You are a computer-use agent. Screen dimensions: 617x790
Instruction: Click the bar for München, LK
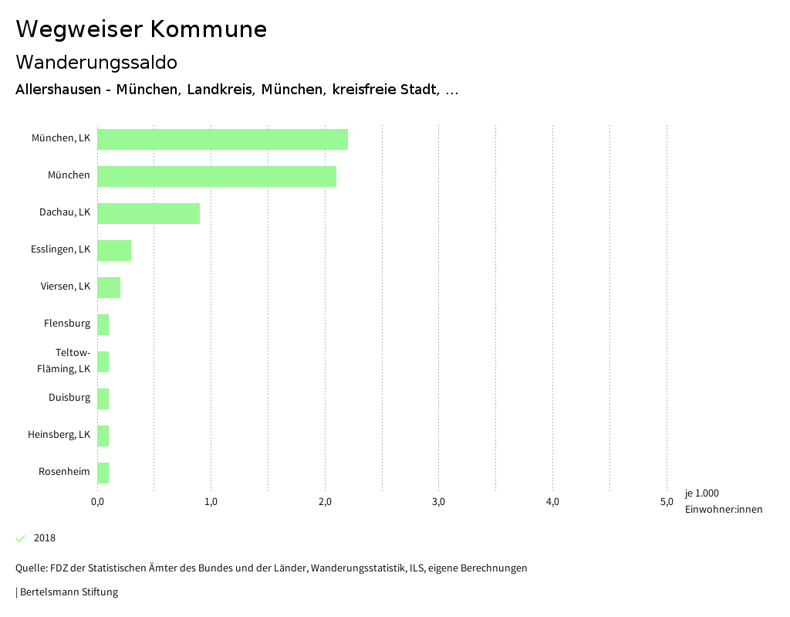point(222,139)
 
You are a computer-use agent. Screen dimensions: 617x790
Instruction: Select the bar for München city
point(217,176)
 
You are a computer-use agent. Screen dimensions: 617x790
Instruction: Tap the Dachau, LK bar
point(148,213)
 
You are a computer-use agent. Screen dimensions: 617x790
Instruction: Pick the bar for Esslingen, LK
point(114,250)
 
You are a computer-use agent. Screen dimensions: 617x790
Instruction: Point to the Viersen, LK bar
point(109,287)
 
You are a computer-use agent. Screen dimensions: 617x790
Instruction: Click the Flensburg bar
point(103,324)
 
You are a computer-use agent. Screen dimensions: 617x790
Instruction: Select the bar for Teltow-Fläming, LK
point(103,361)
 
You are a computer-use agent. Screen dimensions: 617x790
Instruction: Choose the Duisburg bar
point(103,398)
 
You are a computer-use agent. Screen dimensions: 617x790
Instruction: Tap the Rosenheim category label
point(64,472)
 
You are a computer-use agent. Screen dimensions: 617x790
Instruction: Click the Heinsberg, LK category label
point(59,435)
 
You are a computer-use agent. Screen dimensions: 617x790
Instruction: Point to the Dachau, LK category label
point(65,212)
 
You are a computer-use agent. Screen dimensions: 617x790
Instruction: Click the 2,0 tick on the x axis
point(325,503)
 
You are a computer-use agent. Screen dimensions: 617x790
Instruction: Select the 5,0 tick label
point(667,503)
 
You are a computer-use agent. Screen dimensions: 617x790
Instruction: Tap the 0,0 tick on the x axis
point(97,503)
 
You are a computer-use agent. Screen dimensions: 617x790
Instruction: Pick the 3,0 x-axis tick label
point(438,503)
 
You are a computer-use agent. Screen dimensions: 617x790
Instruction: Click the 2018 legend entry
point(44,538)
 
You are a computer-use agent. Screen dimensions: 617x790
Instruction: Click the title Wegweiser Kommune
point(141,29)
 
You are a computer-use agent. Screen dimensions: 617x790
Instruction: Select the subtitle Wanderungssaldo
point(96,62)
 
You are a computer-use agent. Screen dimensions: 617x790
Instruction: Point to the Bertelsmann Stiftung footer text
point(68,592)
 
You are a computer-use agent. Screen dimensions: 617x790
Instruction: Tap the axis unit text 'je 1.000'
point(701,493)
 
